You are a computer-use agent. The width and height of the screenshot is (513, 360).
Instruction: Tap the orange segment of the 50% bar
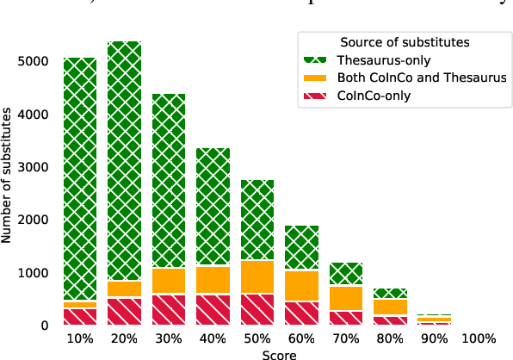257,276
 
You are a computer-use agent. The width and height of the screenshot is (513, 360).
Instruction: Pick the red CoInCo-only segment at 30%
169,309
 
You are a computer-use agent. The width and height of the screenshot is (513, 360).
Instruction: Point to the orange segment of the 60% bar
302,286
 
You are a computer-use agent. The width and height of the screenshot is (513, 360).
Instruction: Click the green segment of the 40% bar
213,207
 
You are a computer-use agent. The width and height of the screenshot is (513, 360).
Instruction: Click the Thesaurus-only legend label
384,60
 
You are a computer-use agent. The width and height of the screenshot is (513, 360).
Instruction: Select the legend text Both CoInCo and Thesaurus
422,78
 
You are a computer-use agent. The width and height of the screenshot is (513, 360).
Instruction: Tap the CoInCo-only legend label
374,96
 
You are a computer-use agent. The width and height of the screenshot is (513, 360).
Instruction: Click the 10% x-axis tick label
79,338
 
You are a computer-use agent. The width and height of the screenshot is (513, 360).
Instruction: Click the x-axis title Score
280,353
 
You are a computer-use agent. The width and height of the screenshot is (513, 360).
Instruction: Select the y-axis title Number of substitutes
8,182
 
